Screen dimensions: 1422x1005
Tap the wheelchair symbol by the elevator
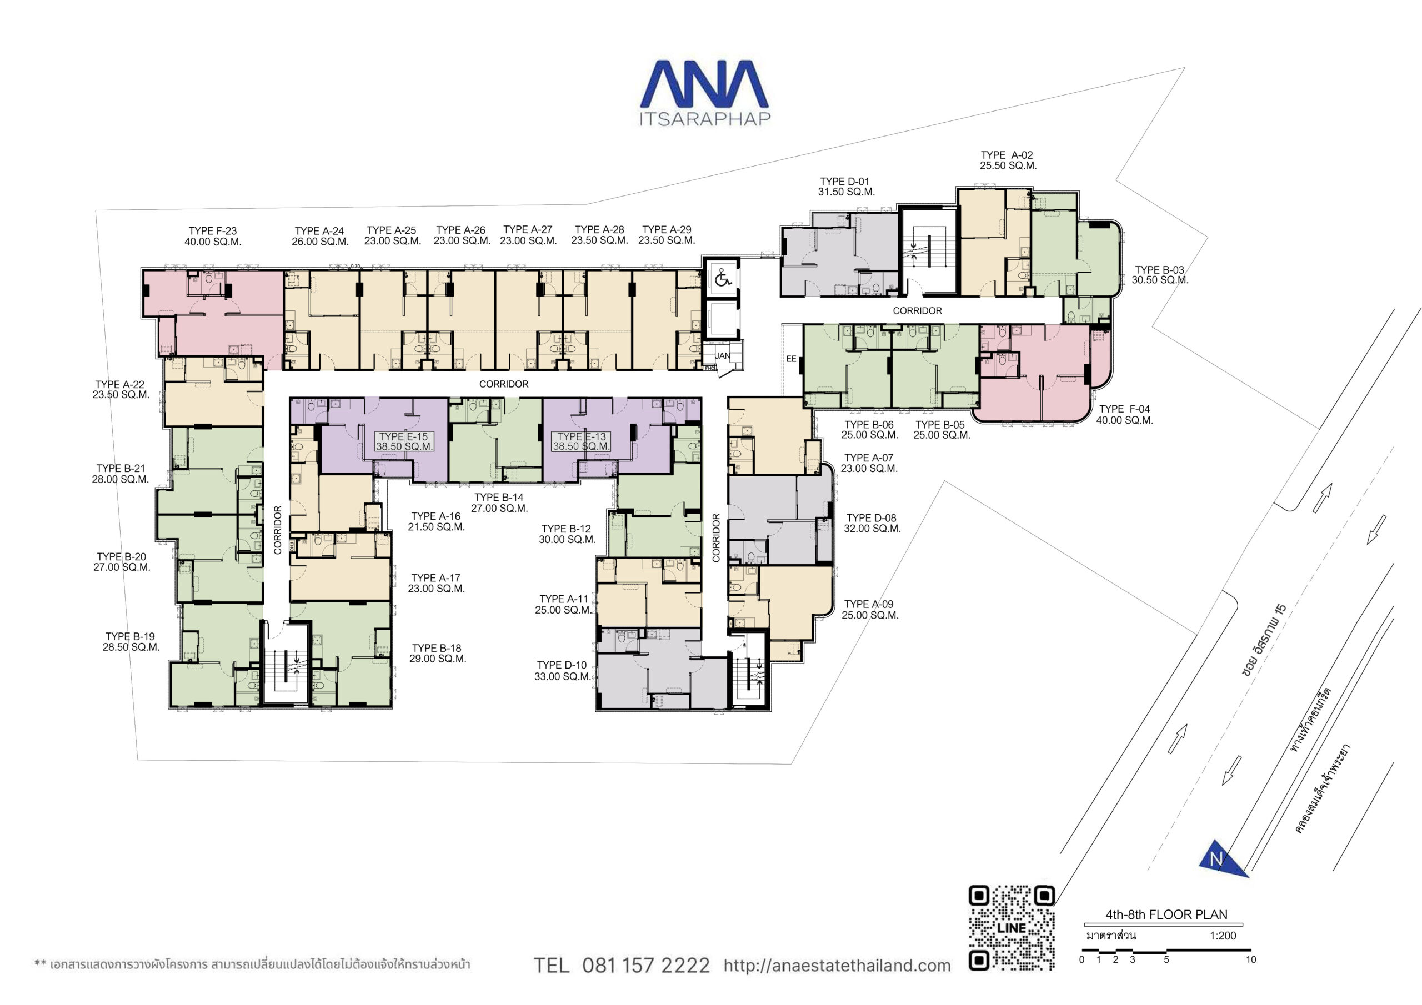tap(722, 278)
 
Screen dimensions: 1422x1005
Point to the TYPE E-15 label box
tap(404, 441)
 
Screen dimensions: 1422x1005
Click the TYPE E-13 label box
tap(582, 441)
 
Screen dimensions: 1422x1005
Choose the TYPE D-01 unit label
tap(846, 187)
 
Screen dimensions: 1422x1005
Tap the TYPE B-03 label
tap(1160, 275)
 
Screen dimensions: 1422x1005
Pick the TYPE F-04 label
tap(1125, 414)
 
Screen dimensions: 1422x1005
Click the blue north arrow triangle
tap(1222, 860)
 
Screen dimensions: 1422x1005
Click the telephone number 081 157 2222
tap(646, 966)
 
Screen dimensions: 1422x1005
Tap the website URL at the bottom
tap(837, 966)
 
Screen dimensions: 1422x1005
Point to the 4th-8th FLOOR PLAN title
tap(1166, 914)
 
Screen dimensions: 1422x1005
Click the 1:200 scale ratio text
tap(1223, 936)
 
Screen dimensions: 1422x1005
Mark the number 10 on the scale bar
tap(1250, 960)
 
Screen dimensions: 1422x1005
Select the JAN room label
tap(722, 356)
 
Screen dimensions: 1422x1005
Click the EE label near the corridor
tap(791, 359)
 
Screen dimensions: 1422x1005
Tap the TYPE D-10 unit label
tap(562, 671)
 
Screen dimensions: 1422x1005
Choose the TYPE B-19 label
tap(131, 641)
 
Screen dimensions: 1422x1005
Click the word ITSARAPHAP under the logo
tap(705, 118)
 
